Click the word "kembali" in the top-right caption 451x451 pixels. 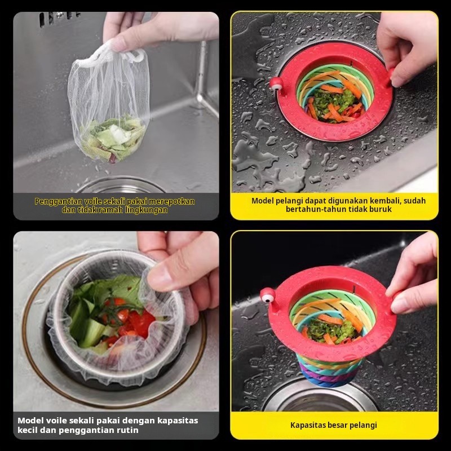pos(385,201)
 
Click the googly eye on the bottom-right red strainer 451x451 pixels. pos(267,295)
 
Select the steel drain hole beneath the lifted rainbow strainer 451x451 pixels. pos(320,396)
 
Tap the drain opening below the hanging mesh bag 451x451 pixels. pos(121,185)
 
